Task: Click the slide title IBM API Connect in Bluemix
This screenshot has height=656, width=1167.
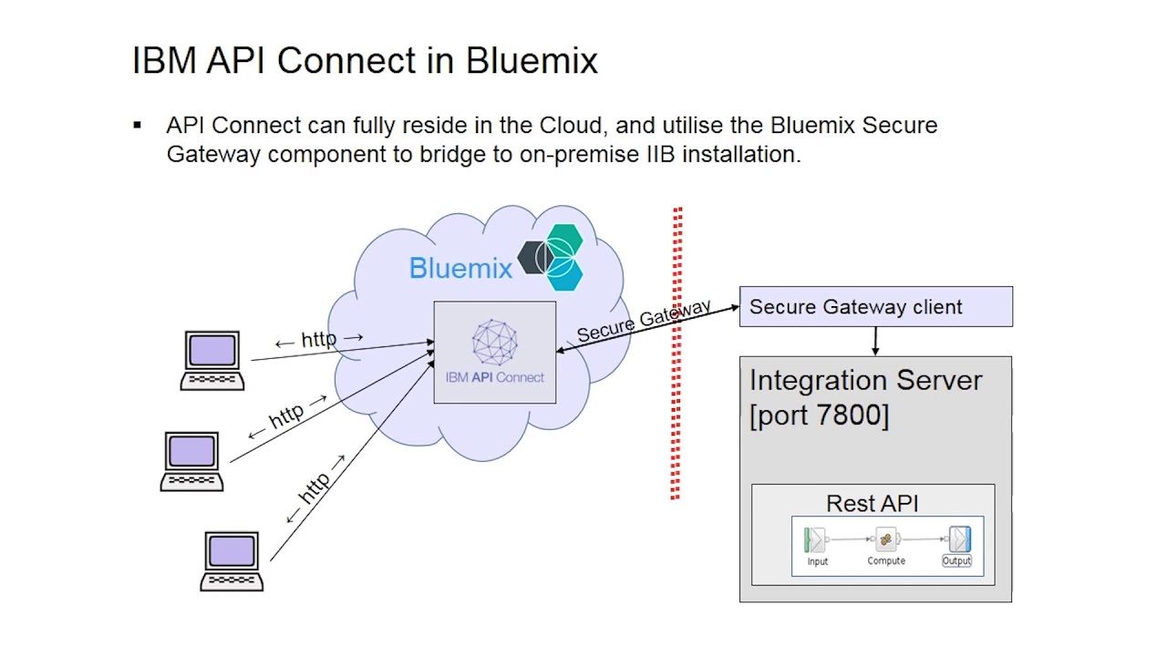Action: [365, 61]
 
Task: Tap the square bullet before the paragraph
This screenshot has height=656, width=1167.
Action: [138, 125]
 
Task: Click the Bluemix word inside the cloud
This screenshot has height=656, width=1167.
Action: [460, 268]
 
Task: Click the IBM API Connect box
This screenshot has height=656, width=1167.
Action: [494, 353]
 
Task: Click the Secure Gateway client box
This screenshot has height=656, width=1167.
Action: [875, 307]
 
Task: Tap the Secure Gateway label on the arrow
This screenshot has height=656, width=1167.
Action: [643, 321]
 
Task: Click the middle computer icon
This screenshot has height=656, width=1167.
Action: [191, 461]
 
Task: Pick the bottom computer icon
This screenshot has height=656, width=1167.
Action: [232, 561]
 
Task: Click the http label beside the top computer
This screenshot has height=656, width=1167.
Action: [318, 340]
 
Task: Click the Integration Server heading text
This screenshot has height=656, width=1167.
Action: [865, 380]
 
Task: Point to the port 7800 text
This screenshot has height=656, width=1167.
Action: [818, 415]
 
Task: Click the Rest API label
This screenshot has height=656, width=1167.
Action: [872, 503]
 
